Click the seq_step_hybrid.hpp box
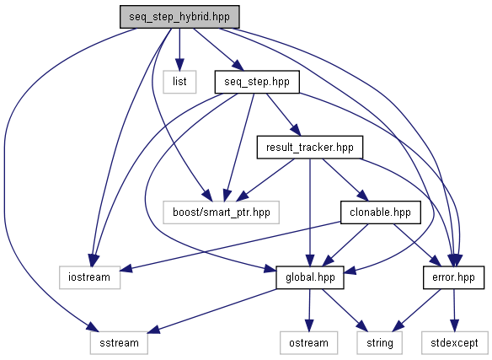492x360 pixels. pyautogui.click(x=179, y=17)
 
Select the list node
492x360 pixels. pyautogui.click(x=179, y=82)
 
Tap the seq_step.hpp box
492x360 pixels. pyautogui.click(x=257, y=82)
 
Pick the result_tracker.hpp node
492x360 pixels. pyautogui.click(x=310, y=147)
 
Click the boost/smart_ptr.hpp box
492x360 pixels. pyautogui.click(x=222, y=212)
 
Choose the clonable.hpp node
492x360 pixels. pyautogui.click(x=380, y=212)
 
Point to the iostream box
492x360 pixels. pyautogui.click(x=90, y=277)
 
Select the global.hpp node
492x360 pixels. pyautogui.click(x=310, y=277)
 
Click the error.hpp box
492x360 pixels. pyautogui.click(x=453, y=277)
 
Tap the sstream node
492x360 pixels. pyautogui.click(x=119, y=343)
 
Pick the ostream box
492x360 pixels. pyautogui.click(x=308, y=343)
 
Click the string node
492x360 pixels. pyautogui.click(x=380, y=343)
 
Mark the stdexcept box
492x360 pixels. pyautogui.click(x=454, y=343)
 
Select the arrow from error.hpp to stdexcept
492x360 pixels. pyautogui.click(x=454, y=310)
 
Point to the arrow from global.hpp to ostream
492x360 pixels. pyautogui.click(x=309, y=310)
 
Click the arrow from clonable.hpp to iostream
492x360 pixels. pyautogui.click(x=230, y=246)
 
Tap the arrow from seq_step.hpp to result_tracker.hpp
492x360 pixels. pyautogui.click(x=283, y=115)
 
